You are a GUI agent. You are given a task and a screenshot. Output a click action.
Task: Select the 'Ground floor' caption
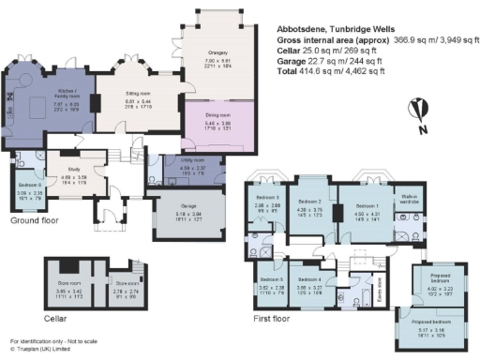point(32,221)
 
